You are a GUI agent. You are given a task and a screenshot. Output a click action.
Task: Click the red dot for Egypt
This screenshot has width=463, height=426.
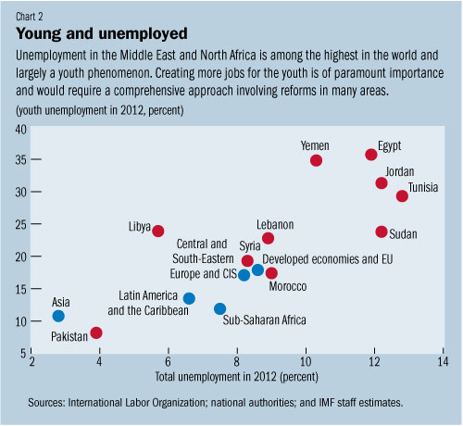pyautogui.click(x=371, y=155)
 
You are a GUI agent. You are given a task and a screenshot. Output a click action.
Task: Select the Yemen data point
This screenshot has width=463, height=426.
pyautogui.click(x=316, y=160)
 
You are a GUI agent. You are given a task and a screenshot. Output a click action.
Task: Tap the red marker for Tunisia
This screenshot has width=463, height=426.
pyautogui.click(x=402, y=195)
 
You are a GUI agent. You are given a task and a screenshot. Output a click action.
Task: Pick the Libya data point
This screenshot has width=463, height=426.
pyautogui.click(x=157, y=231)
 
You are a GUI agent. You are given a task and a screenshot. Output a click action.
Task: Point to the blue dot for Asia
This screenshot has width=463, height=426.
pyautogui.click(x=58, y=317)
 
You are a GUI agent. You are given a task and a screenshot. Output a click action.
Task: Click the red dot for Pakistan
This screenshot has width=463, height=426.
pyautogui.click(x=96, y=332)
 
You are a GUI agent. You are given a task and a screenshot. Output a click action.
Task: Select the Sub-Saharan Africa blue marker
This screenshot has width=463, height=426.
pyautogui.click(x=219, y=308)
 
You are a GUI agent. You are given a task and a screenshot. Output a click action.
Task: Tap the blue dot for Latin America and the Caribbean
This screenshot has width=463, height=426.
pyautogui.click(x=189, y=298)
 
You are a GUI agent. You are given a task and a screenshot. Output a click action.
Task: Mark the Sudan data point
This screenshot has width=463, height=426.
pyautogui.click(x=382, y=232)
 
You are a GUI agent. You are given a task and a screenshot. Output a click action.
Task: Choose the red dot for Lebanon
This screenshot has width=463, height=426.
pyautogui.click(x=268, y=238)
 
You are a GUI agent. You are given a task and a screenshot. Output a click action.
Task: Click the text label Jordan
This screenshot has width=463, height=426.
pyautogui.click(x=400, y=172)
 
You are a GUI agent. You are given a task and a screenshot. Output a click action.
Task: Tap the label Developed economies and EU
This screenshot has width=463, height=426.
pyautogui.click(x=329, y=260)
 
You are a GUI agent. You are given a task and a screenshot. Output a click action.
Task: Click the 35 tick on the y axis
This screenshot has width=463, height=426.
pyautogui.click(x=19, y=159)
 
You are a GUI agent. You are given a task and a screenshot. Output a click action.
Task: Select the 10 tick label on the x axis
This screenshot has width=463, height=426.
pyautogui.click(x=306, y=362)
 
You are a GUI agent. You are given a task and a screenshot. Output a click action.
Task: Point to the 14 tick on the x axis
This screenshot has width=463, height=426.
pyautogui.click(x=443, y=362)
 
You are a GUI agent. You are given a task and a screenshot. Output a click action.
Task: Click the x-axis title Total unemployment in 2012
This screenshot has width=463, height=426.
pyautogui.click(x=237, y=377)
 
